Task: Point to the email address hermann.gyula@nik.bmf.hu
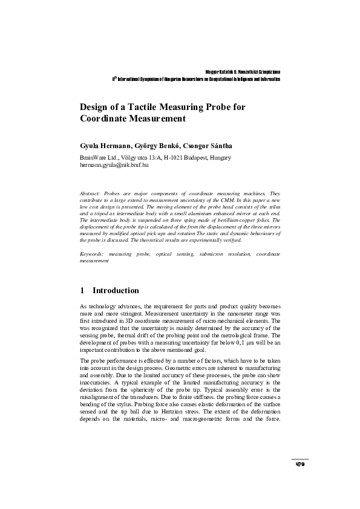[x=114, y=164]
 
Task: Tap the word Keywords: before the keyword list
[x=93, y=256]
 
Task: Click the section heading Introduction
[x=116, y=291]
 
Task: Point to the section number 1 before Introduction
[x=82, y=291]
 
